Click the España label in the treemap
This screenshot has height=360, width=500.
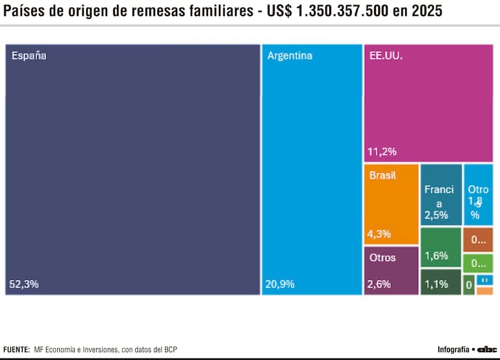29,56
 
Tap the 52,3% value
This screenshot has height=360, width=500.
24,284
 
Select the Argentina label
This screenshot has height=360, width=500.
290,56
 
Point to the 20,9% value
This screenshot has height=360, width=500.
280,284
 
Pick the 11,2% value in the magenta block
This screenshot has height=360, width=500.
382,152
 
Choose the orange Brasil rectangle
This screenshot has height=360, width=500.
391,203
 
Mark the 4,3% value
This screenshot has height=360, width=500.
379,234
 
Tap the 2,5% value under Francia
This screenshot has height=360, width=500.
436,215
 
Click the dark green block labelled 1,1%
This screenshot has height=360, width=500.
440,283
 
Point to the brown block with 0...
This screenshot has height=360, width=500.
478,240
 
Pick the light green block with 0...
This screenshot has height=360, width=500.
478,263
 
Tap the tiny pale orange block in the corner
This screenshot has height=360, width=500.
484,291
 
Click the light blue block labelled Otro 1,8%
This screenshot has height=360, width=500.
478,194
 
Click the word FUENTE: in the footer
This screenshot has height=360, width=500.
16,350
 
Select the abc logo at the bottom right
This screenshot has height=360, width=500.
487,350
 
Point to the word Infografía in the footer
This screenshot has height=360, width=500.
453,350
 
